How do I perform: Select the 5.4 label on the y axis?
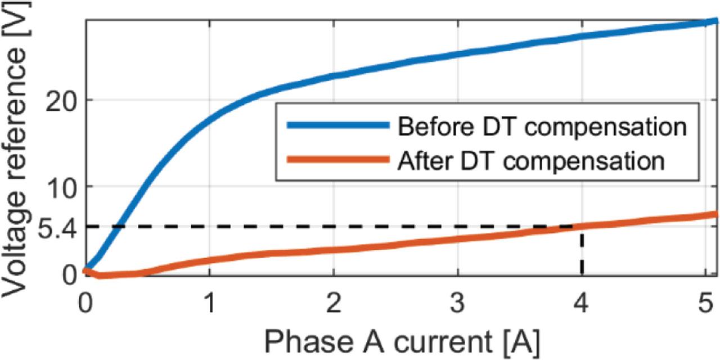(x=55, y=227)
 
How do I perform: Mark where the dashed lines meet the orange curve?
(x=582, y=227)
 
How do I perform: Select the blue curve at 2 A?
(x=334, y=75)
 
